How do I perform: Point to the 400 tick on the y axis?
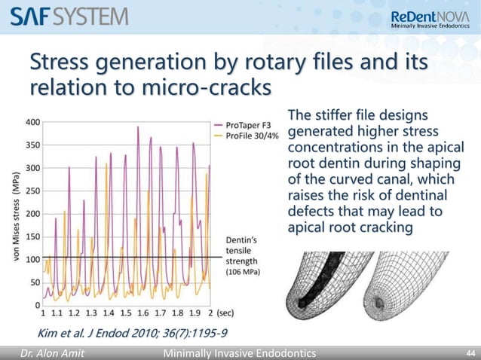pos(33,122)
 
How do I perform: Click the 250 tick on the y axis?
pos(33,191)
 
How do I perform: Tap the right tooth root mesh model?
pos(412,289)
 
